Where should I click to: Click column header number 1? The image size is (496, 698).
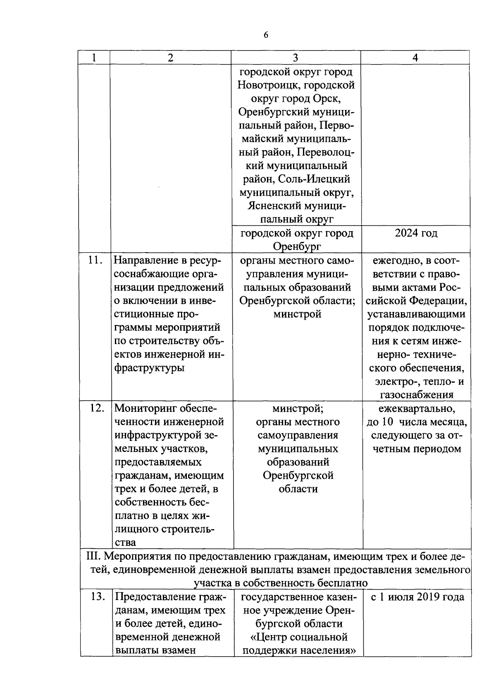click(x=94, y=58)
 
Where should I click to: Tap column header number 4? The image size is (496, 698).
click(x=415, y=58)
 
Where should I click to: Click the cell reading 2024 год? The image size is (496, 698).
click(x=416, y=233)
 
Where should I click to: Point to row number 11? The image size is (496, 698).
click(x=95, y=261)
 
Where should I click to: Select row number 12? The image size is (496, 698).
click(x=96, y=408)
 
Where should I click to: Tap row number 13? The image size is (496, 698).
click(x=96, y=597)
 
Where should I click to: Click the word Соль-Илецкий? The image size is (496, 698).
click(x=314, y=179)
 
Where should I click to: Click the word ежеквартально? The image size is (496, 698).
click(x=416, y=409)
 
